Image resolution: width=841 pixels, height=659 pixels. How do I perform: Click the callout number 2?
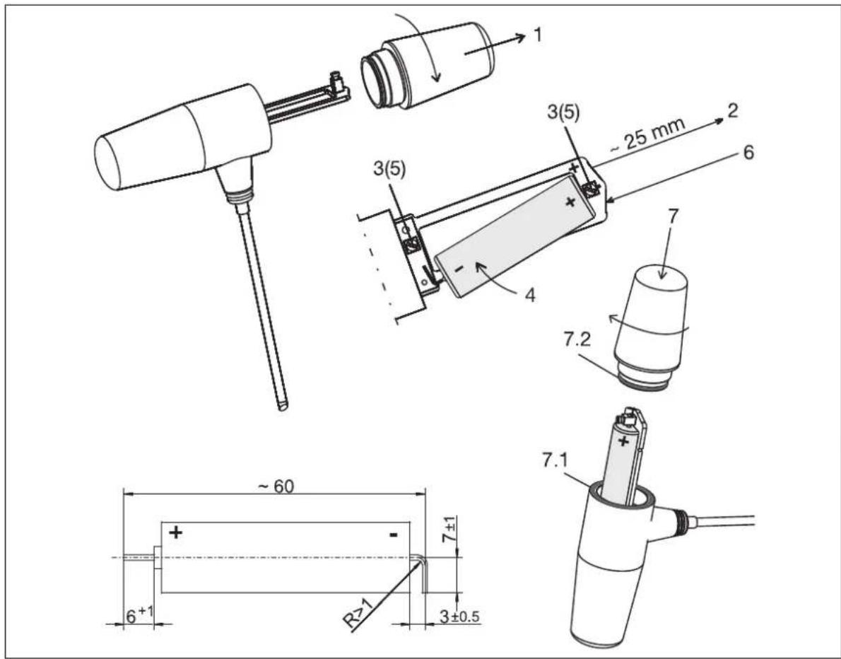[732, 110]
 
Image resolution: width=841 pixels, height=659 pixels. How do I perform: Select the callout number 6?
[748, 152]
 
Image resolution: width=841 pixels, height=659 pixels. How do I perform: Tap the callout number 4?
[530, 295]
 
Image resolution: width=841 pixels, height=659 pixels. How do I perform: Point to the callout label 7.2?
[577, 339]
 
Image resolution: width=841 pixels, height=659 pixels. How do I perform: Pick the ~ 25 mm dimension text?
[647, 134]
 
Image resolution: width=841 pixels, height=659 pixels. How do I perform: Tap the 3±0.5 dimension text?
[459, 617]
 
